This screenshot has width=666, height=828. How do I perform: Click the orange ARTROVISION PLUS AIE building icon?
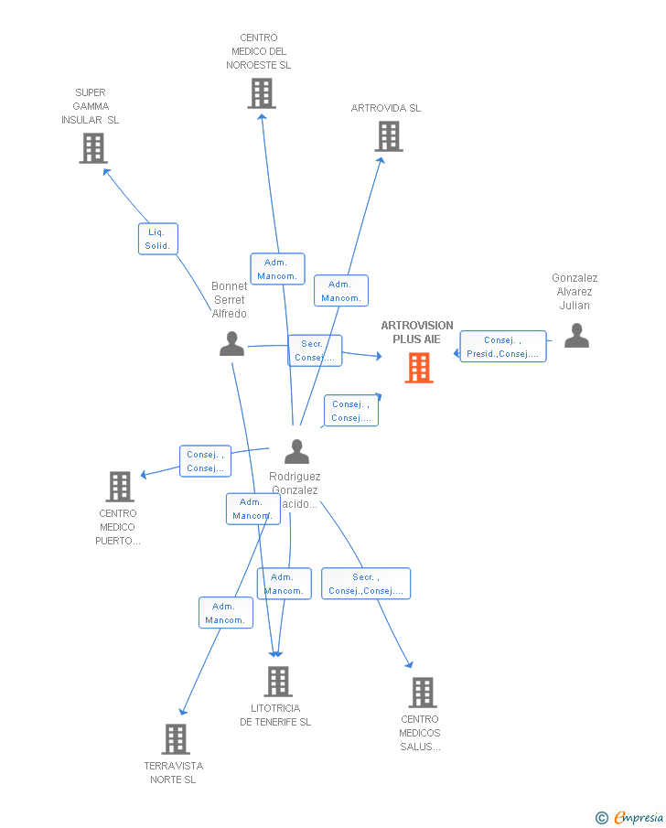click(x=419, y=368)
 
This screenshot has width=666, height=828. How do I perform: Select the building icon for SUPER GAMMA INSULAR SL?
click(x=93, y=148)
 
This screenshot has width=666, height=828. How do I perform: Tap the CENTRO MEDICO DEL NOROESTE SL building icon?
click(x=262, y=93)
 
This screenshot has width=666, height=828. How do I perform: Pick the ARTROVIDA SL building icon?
click(x=389, y=136)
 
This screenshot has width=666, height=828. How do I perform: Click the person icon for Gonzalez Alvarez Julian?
click(x=576, y=336)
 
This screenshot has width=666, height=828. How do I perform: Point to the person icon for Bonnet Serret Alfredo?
click(x=232, y=344)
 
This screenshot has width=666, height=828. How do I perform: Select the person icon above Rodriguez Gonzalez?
click(x=296, y=452)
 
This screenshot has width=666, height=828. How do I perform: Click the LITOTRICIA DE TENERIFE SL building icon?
click(x=278, y=682)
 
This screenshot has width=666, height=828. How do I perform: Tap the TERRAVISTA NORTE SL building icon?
click(x=176, y=739)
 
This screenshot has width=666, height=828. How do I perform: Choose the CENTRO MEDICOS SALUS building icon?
click(x=422, y=693)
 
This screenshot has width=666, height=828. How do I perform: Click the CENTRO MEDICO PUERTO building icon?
click(x=120, y=487)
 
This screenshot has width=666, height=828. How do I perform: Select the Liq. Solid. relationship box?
click(x=157, y=239)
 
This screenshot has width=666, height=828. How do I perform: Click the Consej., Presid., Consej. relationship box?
click(x=502, y=347)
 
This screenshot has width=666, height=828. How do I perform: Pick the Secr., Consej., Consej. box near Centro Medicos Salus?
click(x=365, y=584)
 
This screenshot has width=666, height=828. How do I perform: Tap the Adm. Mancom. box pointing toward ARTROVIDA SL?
click(x=340, y=291)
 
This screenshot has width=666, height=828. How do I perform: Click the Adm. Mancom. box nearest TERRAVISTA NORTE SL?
click(x=225, y=613)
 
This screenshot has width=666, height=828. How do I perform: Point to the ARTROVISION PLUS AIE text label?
click(x=416, y=332)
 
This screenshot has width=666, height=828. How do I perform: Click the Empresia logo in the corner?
click(x=630, y=817)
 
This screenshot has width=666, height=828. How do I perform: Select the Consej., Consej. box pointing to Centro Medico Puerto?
click(x=205, y=461)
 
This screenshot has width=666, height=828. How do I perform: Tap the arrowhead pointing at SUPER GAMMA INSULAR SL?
click(x=106, y=170)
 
